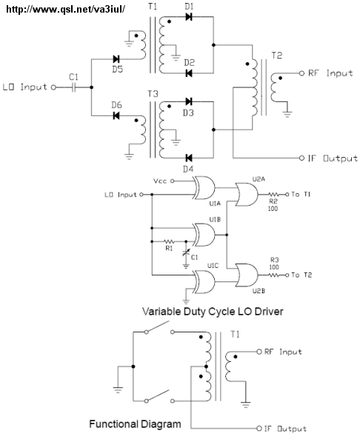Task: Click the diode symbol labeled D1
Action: coord(189,17)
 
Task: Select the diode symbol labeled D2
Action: coord(189,73)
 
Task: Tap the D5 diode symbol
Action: coord(116,59)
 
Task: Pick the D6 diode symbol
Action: coord(116,115)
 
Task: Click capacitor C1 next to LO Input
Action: coord(73,87)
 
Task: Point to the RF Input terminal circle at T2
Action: coord(302,73)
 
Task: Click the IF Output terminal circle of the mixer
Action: coord(302,158)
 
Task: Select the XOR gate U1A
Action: coord(204,188)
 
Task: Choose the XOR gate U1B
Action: coord(204,235)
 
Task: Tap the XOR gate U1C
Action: coord(204,282)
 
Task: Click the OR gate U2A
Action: coord(247,195)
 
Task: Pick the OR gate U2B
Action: coord(247,275)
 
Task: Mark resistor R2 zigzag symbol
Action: coord(273,195)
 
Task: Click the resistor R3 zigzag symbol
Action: coord(273,275)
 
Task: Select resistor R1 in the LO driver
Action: coord(169,241)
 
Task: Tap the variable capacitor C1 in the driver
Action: coord(186,253)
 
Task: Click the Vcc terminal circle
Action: coord(172,181)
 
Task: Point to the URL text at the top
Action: coord(66,9)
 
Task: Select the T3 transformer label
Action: coord(153,94)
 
